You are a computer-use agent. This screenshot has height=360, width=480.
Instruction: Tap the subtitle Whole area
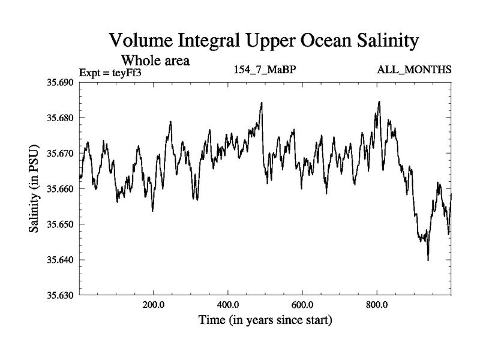pos(156,60)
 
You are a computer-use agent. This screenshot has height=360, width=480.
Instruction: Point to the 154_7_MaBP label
pos(265,70)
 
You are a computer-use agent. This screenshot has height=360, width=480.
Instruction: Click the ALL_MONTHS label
pos(414,70)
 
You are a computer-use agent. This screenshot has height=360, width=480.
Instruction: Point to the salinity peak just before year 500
pos(262,103)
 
